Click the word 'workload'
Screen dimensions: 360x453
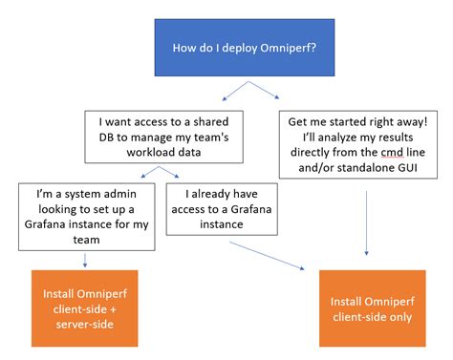pos(151,152)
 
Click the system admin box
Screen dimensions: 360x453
pos(86,215)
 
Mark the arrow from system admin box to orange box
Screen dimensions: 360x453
pos(86,259)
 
